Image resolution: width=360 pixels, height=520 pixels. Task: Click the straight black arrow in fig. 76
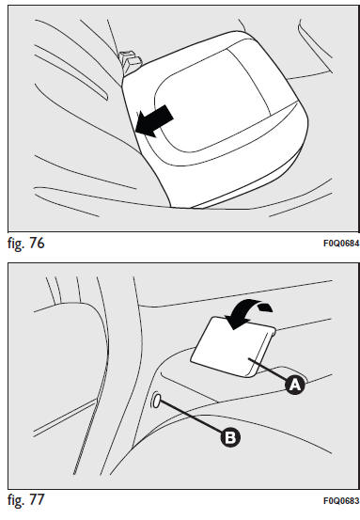tap(154, 121)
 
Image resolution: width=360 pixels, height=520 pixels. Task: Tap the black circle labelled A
tap(295, 385)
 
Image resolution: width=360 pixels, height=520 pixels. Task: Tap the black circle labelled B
tap(230, 437)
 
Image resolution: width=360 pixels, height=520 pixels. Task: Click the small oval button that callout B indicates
tap(157, 401)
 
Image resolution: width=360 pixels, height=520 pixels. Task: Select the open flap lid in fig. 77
tap(233, 347)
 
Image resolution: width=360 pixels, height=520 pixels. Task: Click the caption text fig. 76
tap(26, 244)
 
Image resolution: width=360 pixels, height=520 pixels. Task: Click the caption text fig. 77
tap(26, 499)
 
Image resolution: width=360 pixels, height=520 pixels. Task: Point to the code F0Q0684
tap(341, 244)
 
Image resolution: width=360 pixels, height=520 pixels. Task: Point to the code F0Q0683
tap(341, 501)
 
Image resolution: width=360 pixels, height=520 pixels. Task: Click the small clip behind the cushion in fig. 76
tap(131, 62)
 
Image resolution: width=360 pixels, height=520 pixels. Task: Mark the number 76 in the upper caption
tap(37, 243)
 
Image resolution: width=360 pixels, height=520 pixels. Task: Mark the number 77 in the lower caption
tap(37, 499)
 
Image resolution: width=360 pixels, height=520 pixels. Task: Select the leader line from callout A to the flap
tap(268, 370)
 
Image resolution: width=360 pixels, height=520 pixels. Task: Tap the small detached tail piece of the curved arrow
tap(265, 307)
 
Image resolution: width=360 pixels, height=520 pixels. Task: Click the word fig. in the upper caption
tap(16, 244)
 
